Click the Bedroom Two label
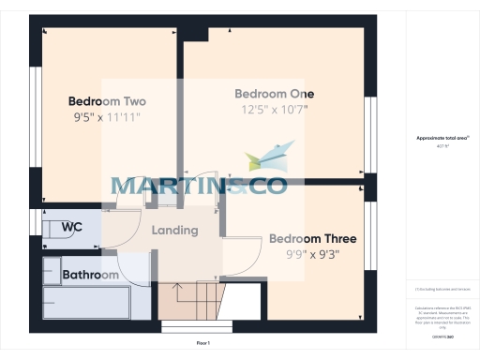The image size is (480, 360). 106,101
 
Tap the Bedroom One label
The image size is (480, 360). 274,94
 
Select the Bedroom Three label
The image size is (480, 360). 312,238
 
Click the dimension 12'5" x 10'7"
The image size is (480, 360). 274,111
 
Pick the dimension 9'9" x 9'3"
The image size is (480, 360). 312,253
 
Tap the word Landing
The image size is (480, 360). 174,231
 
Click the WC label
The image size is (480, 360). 71,227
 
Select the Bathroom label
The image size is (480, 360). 90,275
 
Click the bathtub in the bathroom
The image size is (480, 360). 86,302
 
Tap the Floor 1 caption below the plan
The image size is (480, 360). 202,344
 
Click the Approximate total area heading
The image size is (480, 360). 442,138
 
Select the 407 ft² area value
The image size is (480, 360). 442,146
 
